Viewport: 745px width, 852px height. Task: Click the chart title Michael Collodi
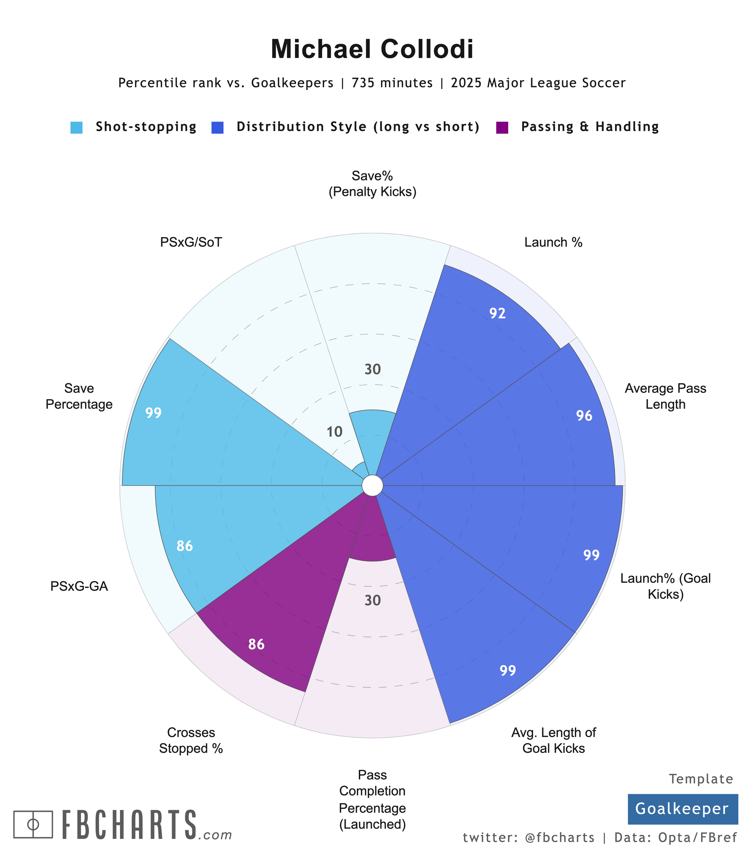click(x=372, y=50)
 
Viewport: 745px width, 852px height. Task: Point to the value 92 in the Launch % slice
click(x=497, y=313)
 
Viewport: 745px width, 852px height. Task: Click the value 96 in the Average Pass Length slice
click(x=584, y=416)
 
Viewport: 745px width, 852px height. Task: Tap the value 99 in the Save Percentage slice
click(x=153, y=413)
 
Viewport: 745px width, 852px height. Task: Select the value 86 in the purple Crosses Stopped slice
click(x=257, y=644)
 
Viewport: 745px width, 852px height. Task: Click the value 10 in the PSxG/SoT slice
click(x=334, y=432)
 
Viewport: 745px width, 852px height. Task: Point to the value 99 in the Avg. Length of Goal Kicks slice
click(x=508, y=670)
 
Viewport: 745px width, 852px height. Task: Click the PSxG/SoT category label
click(x=191, y=242)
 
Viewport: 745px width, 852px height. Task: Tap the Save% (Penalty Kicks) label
click(x=372, y=184)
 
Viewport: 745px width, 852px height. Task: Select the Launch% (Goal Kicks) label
click(x=665, y=586)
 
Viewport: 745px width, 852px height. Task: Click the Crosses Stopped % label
click(x=191, y=740)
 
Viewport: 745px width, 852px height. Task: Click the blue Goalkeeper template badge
click(x=682, y=809)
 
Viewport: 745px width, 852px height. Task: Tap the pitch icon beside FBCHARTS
click(x=33, y=824)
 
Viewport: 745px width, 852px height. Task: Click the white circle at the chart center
click(x=372, y=486)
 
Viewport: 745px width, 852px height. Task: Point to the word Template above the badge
click(x=701, y=779)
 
